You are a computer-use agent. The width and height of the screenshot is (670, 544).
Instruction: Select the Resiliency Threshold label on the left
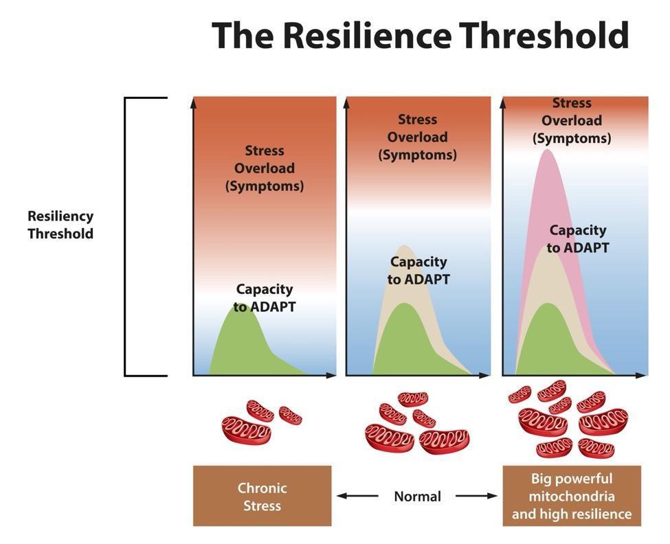[60, 225]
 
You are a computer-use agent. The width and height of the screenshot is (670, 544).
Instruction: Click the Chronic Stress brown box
[262, 497]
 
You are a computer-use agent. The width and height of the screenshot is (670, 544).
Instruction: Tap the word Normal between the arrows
[417, 496]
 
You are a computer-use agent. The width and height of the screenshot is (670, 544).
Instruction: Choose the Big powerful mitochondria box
[572, 496]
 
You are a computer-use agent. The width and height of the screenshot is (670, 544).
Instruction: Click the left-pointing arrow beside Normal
[357, 495]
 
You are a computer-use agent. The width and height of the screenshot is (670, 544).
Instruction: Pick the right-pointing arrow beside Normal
[476, 495]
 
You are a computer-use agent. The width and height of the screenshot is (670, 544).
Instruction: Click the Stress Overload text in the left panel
[265, 168]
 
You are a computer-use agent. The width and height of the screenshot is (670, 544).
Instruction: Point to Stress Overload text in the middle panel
[417, 137]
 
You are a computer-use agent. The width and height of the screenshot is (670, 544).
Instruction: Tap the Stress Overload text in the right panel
[572, 120]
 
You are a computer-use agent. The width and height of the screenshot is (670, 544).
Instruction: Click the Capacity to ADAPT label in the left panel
[265, 298]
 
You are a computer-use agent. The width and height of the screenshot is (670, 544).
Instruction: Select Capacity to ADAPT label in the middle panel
[418, 271]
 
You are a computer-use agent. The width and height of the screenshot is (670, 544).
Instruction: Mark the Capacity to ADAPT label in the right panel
[578, 239]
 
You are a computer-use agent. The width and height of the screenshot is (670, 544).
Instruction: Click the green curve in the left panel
[237, 343]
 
